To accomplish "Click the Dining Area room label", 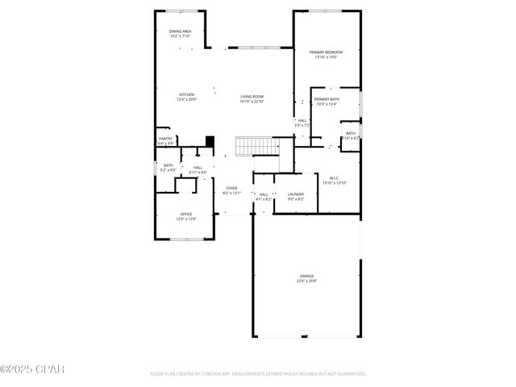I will pyautogui.click(x=180, y=31).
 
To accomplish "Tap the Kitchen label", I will pyautogui.click(x=186, y=94).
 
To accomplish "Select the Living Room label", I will pyautogui.click(x=252, y=97).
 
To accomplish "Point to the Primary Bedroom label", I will pyautogui.click(x=326, y=52).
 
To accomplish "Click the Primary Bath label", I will pyautogui.click(x=327, y=99).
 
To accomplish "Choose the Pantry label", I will pyautogui.click(x=165, y=139).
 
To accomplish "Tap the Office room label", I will pyautogui.click(x=186, y=214).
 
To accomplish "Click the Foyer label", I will pyautogui.click(x=231, y=188).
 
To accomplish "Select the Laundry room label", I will pyautogui.click(x=296, y=193).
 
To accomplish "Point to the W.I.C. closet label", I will pyautogui.click(x=334, y=178).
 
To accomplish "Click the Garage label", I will pyautogui.click(x=306, y=276).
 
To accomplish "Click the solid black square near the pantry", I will pyautogui.click(x=210, y=142).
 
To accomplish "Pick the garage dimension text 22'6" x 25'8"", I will pyautogui.click(x=306, y=281).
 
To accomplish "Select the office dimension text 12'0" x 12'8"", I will pyautogui.click(x=186, y=218).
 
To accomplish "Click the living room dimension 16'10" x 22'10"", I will pyautogui.click(x=252, y=102).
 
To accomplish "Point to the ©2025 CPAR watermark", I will pyautogui.click(x=31, y=369).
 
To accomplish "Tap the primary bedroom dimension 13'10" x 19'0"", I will pyautogui.click(x=326, y=57).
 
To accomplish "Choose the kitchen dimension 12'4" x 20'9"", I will pyautogui.click(x=186, y=99).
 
